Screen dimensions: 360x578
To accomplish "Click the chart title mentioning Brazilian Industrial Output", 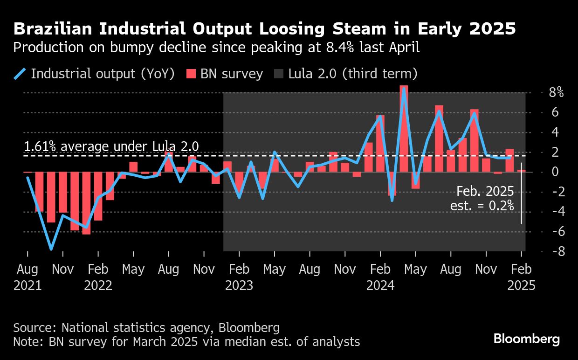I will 264,29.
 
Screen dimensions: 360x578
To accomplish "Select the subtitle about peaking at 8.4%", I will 217,47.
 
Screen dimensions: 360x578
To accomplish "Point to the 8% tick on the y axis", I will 556,92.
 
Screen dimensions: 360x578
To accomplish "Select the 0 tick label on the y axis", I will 555,172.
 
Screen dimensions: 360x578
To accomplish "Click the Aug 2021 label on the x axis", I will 28,277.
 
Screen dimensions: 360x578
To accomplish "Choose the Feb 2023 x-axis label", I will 239,277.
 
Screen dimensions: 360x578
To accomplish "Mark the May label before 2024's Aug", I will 415,270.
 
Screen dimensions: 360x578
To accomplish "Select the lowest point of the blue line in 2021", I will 51,249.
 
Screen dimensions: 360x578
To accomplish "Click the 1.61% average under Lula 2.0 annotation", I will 111,147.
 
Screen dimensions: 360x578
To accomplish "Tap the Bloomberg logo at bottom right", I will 527,339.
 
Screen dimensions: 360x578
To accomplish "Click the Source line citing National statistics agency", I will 146,327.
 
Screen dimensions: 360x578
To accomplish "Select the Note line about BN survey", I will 186,342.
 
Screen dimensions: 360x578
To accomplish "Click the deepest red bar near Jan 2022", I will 86,203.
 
